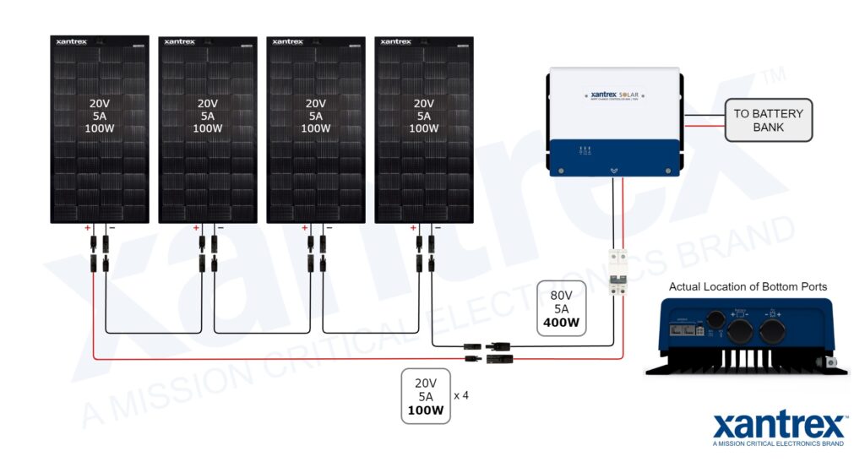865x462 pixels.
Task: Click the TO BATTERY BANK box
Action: coord(768,120)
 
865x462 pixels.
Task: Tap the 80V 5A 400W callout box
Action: coord(560,308)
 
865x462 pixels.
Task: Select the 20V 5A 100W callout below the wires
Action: coord(425,395)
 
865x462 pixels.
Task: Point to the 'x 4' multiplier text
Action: coord(461,395)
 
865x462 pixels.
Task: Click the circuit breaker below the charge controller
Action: coord(619,273)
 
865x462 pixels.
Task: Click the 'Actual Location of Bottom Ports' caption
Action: coord(748,287)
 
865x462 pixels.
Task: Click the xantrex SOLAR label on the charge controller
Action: coord(614,95)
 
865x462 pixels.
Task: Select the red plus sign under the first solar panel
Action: coord(88,228)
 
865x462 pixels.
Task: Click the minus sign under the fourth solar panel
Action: coord(437,228)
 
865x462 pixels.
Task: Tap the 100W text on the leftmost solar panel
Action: coord(100,128)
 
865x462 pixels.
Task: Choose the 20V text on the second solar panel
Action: coord(208,104)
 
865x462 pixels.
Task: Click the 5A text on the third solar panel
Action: coord(316,117)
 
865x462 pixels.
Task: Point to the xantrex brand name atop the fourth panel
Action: coord(396,41)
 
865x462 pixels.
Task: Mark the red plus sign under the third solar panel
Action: coord(304,228)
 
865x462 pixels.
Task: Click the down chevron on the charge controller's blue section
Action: coord(614,170)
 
